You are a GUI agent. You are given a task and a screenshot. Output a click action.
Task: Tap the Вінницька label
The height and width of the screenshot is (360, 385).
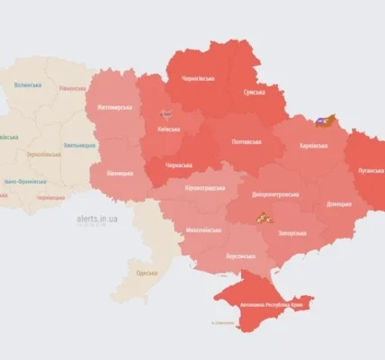120,171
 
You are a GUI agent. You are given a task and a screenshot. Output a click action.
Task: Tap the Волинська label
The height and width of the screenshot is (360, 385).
28,85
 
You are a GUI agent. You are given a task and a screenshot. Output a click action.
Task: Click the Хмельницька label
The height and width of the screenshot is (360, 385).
78,145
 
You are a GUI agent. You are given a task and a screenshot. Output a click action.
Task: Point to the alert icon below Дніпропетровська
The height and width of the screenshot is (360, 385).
263,216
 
